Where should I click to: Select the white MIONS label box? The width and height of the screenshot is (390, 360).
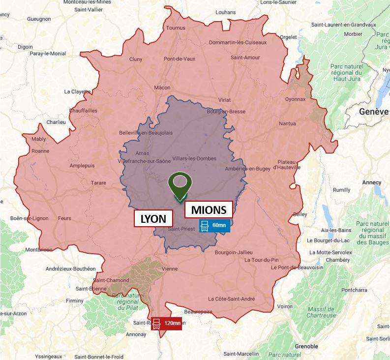pyautogui.click(x=209, y=210)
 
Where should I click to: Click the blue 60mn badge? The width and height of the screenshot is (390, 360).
pyautogui.click(x=214, y=226)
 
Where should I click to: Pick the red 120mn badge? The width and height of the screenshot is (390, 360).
pyautogui.click(x=167, y=323)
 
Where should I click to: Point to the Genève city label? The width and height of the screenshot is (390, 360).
pyautogui.click(x=374, y=111)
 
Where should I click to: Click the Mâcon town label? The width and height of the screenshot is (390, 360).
pyautogui.click(x=162, y=88)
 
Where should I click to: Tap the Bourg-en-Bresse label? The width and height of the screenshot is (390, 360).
pyautogui.click(x=226, y=112)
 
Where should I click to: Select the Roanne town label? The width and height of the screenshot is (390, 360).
pyautogui.click(x=40, y=151)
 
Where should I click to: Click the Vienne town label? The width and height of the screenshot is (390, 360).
pyautogui.click(x=170, y=269)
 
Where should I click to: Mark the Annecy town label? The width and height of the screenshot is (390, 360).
pyautogui.click(x=371, y=182)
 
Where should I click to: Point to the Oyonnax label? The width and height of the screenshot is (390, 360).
pyautogui.click(x=295, y=99)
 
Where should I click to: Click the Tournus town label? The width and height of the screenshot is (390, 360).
pyautogui.click(x=175, y=28)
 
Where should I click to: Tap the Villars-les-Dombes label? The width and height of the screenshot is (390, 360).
pyautogui.click(x=192, y=159)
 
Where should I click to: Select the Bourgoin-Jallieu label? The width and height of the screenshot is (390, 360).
pyautogui.click(x=234, y=252)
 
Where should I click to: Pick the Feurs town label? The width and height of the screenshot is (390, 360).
pyautogui.click(x=64, y=218)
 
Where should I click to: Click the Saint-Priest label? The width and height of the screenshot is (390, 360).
pyautogui.click(x=181, y=229)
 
